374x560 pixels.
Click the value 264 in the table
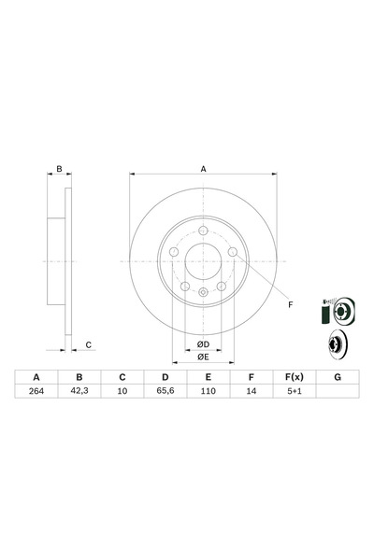coord(36,391)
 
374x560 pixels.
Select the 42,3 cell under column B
coord(79,391)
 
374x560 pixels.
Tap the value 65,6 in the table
coord(165,391)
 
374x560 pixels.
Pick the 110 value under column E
coord(208,391)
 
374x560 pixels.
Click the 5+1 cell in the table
coord(295,391)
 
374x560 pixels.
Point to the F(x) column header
coord(295,377)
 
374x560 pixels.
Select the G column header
coord(338,377)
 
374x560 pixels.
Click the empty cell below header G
coord(338,391)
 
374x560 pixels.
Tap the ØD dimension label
coord(203,344)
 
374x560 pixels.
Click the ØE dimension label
coord(203,357)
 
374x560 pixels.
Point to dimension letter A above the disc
coord(203,169)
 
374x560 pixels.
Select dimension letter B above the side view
coord(60,169)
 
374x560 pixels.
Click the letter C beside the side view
coord(89,345)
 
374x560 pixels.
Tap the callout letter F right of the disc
coord(291,304)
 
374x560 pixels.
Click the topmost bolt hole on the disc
coord(203,231)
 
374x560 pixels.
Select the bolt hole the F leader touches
coord(233,252)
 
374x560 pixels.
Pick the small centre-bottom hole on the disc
coord(203,292)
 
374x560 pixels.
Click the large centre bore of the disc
coord(203,261)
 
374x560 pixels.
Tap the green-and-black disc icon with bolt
coord(338,311)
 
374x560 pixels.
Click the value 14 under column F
coord(252,391)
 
